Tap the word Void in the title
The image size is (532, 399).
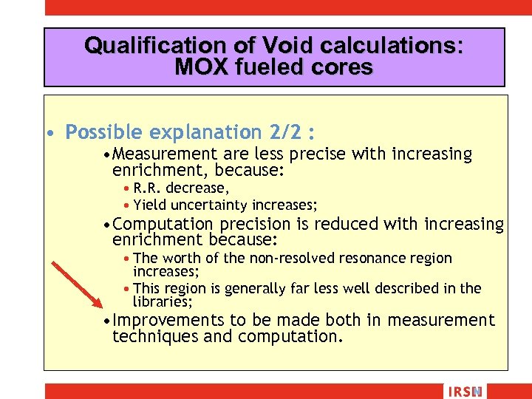pos(268,46)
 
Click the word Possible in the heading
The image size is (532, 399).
pos(104,132)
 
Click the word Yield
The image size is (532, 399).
pos(150,205)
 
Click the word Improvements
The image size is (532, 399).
pos(168,320)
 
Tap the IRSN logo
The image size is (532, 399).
pos(463,392)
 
